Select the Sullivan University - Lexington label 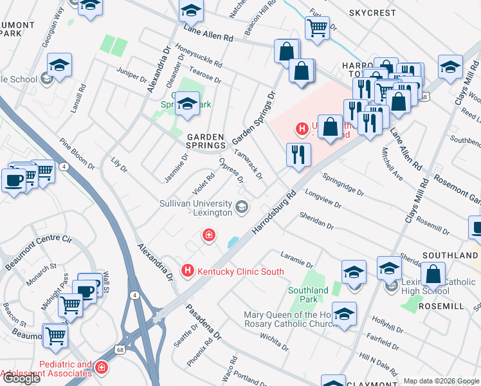[x=195, y=208]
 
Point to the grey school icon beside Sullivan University [x=242, y=207]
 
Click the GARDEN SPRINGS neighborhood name [x=205, y=142]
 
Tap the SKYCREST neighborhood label [x=372, y=12]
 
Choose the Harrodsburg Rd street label [x=274, y=211]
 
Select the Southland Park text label [x=308, y=295]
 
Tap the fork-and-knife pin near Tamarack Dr [x=297, y=154]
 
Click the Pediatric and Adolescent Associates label [x=46, y=369]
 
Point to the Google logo [x=21, y=378]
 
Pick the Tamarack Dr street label [x=249, y=165]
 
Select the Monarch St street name [x=41, y=273]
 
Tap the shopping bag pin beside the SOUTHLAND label [x=433, y=273]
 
